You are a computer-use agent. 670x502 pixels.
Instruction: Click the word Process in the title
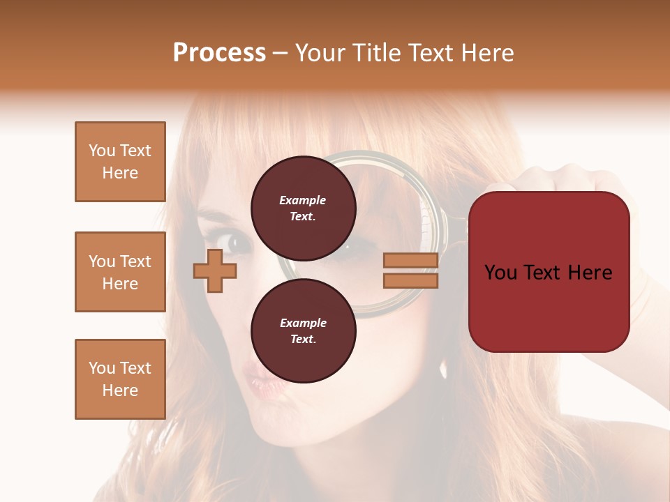tap(219, 53)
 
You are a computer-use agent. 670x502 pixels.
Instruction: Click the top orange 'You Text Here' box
tap(120, 162)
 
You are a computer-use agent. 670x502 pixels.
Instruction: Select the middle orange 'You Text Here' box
tap(120, 272)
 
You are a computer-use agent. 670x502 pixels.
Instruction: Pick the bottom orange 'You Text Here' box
tap(120, 379)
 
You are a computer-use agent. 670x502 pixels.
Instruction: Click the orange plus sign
tap(215, 271)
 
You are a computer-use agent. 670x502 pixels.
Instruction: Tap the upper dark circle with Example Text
tap(303, 208)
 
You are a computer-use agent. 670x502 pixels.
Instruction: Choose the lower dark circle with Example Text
tap(303, 331)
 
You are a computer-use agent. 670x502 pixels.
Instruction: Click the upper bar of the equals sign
tap(411, 261)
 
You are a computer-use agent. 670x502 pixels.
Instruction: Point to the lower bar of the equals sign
tap(411, 280)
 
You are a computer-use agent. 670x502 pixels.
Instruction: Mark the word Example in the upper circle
tap(303, 200)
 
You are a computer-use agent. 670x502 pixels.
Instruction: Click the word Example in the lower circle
tap(303, 323)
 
